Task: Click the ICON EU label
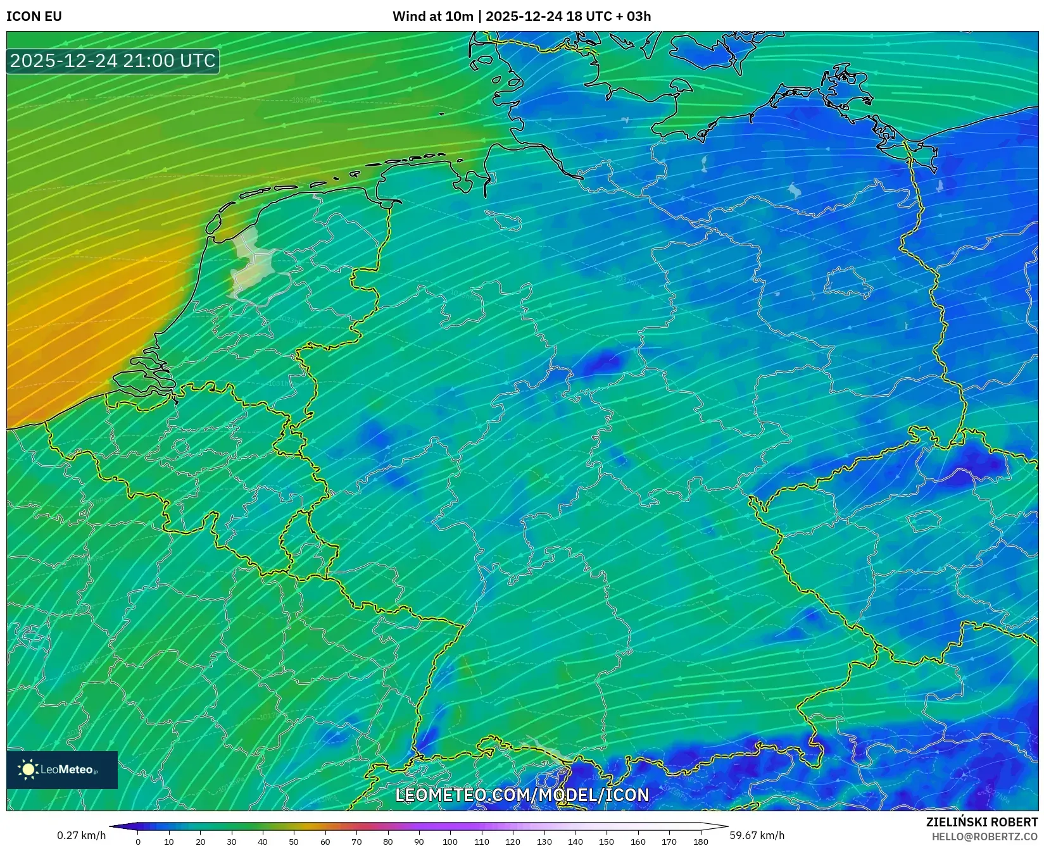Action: point(34,16)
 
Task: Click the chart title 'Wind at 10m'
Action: point(432,16)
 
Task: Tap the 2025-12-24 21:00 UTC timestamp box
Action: point(113,61)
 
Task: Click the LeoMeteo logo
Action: point(62,769)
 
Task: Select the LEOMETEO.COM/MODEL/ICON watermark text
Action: point(522,795)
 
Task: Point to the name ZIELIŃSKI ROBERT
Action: point(981,822)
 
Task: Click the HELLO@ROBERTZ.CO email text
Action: point(984,837)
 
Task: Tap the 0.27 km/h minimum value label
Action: point(82,835)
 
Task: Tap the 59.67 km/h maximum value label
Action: point(757,835)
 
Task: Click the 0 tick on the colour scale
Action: point(138,842)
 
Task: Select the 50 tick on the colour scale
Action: point(294,842)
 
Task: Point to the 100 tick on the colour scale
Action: point(450,842)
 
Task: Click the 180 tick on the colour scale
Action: point(700,842)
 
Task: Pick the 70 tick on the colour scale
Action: point(356,842)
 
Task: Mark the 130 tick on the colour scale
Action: point(544,842)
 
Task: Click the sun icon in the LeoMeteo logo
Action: point(28,769)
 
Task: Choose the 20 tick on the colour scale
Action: point(200,842)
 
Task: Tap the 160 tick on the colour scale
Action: point(638,842)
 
